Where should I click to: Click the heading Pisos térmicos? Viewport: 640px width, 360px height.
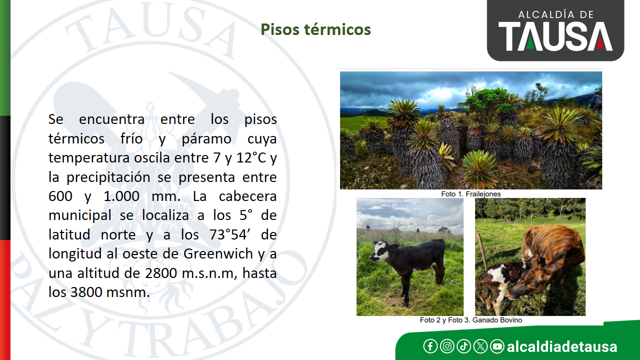(315, 29)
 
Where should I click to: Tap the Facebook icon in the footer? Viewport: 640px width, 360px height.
(430, 346)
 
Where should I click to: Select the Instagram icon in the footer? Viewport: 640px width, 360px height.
(447, 346)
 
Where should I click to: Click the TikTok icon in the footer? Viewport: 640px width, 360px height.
(463, 346)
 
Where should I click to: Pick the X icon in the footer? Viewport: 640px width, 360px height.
(480, 346)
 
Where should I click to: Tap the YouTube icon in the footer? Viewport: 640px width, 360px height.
(497, 346)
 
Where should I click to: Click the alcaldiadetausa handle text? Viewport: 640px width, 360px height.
(562, 346)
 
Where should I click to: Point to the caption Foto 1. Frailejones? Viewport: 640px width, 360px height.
(471, 194)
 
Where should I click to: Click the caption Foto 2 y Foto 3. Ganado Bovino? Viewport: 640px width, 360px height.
(471, 320)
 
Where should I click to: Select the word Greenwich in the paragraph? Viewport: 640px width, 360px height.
(218, 254)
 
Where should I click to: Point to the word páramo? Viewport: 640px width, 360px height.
(206, 139)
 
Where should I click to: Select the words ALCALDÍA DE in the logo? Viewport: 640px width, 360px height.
(555, 14)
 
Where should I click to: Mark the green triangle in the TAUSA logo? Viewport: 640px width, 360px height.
(530, 43)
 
